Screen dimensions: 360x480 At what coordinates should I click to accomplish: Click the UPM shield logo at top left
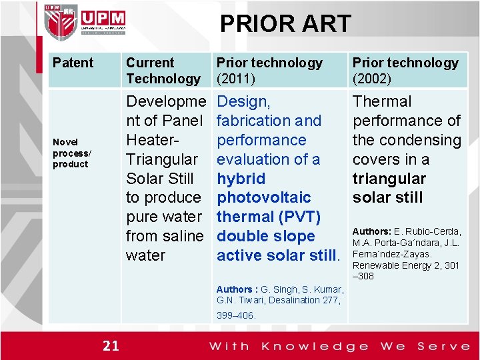[61, 22]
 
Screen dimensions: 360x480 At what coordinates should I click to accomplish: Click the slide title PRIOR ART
[285, 24]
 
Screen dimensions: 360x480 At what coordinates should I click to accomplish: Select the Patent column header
[73, 63]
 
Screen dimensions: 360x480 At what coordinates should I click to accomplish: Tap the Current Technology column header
[163, 71]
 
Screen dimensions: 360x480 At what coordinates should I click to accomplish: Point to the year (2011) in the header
[235, 79]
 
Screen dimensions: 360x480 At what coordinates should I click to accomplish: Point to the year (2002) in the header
[371, 79]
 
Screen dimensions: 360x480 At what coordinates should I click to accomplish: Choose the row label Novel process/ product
[71, 153]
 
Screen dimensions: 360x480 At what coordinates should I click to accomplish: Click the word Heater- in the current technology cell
[153, 140]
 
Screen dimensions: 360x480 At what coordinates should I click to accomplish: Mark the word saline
[183, 236]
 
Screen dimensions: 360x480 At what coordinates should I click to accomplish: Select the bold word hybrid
[241, 179]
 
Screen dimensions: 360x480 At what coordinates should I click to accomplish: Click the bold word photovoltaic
[263, 197]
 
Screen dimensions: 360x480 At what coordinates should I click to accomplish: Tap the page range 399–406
[236, 315]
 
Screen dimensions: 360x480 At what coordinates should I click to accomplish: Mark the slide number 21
[111, 345]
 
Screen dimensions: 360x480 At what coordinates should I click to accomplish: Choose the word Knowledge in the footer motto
[315, 346]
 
